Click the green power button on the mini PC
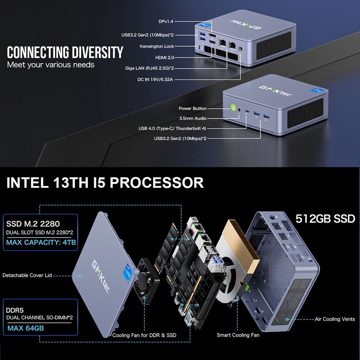click(x=233, y=108)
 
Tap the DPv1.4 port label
click(x=166, y=21)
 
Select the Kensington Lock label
click(x=157, y=46)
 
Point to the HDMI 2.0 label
click(x=165, y=57)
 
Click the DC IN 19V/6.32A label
click(x=155, y=79)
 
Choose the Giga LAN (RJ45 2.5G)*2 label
click(x=149, y=68)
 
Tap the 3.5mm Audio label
click(x=193, y=118)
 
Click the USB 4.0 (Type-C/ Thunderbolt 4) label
click(x=172, y=128)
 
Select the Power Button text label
click(x=193, y=108)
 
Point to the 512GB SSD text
click(x=325, y=219)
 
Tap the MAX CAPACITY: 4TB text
click(x=41, y=243)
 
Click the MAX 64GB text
click(x=26, y=328)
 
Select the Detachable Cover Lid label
click(x=27, y=275)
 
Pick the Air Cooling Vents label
click(x=335, y=319)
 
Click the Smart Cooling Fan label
click(x=238, y=335)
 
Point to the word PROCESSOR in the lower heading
click(x=157, y=183)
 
